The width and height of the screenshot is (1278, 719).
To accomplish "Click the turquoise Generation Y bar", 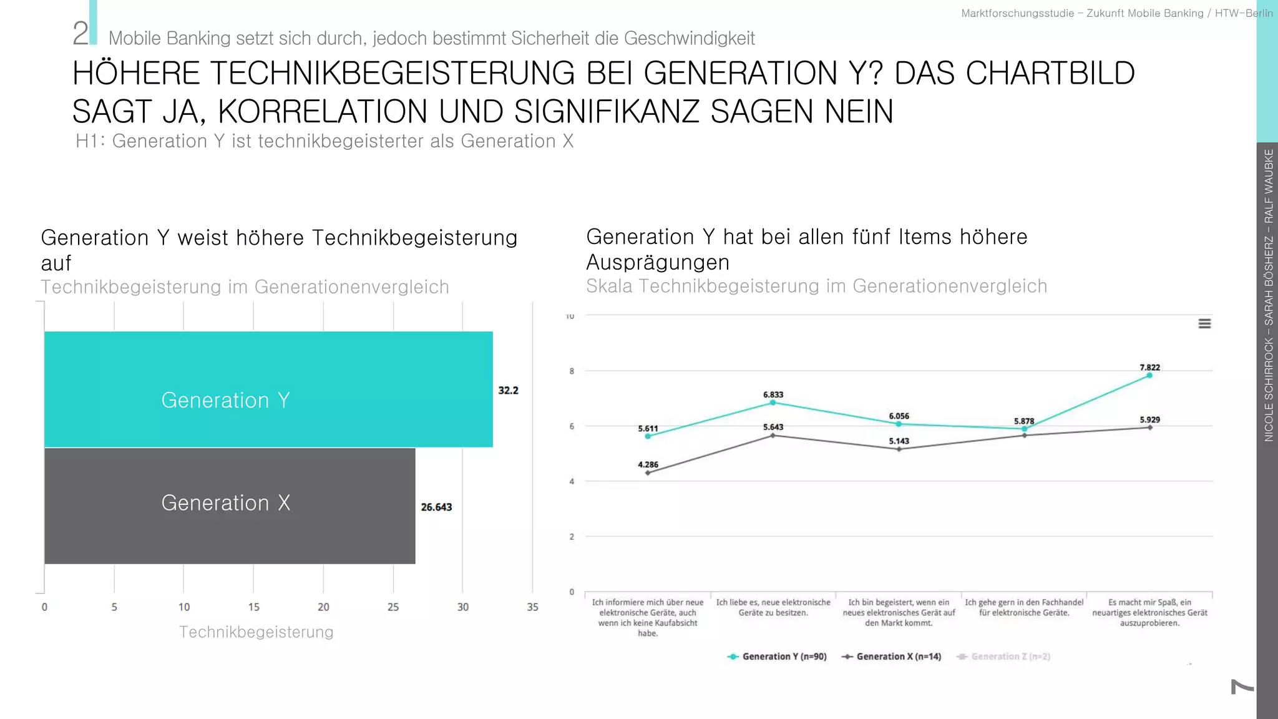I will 268,389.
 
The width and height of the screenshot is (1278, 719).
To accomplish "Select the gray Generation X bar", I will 230,506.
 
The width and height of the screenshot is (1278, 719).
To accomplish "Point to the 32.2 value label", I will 508,391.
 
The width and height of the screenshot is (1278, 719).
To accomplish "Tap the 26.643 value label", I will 436,507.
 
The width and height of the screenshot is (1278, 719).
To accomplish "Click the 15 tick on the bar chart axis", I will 253,607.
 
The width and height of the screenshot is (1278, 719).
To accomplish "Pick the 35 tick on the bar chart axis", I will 532,607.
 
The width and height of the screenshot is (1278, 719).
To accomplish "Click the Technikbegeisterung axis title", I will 256,632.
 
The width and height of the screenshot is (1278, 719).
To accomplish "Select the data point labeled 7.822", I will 1149,376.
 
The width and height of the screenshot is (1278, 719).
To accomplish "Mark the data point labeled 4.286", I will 648,473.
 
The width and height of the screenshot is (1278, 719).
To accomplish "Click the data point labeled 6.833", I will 773,403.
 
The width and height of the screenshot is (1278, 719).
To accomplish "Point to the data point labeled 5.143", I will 899,449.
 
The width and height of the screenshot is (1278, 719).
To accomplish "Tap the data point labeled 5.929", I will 1150,428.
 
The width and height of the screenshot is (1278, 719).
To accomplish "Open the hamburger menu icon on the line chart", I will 1204,323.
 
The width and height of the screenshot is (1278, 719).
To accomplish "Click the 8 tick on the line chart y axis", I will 572,371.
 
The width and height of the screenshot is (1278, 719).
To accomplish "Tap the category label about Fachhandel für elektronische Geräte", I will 1024,607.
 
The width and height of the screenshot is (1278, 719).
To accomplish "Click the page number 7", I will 1242,687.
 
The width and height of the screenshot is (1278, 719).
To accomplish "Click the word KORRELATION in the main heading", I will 322,112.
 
